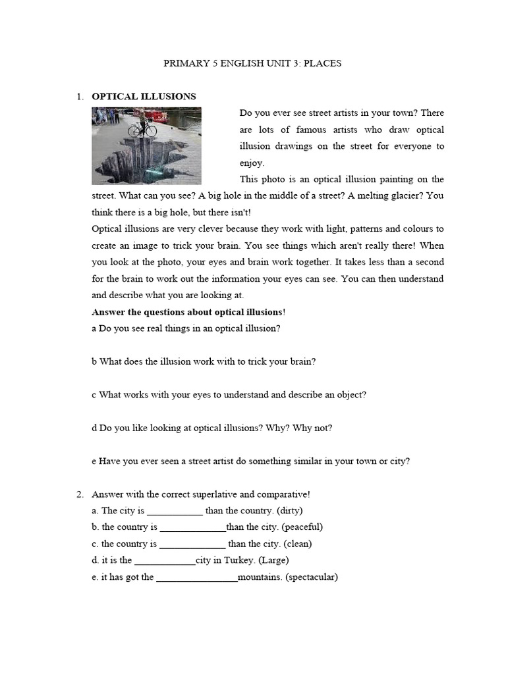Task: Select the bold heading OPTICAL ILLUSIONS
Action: coord(144,97)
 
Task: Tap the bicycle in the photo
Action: coord(142,128)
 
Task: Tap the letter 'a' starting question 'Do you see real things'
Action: coord(94,328)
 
